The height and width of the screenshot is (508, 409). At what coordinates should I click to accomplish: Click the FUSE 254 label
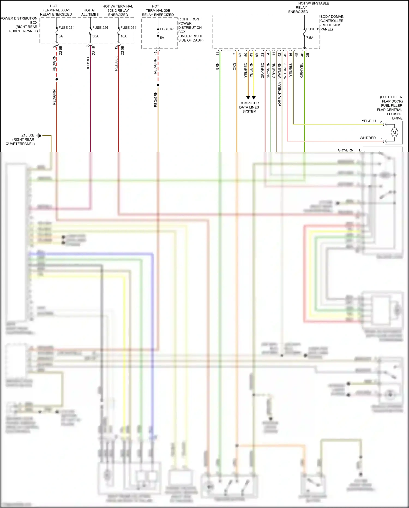[x=66, y=28]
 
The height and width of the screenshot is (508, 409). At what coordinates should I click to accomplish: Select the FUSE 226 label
[x=100, y=28]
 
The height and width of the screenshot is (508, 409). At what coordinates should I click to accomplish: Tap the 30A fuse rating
[x=95, y=36]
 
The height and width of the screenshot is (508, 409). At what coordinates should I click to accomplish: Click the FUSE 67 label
[x=167, y=29]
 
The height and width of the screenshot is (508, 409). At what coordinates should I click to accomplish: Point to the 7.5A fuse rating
[x=310, y=38]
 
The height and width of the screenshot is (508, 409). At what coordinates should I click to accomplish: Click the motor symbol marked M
[x=394, y=133]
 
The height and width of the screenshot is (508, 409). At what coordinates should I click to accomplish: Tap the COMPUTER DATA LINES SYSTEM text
[x=249, y=107]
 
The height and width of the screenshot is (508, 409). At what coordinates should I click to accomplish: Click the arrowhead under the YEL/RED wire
[x=248, y=98]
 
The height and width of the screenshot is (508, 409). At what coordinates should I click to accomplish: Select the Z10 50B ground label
[x=28, y=135]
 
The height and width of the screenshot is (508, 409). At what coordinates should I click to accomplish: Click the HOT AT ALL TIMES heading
[x=90, y=12]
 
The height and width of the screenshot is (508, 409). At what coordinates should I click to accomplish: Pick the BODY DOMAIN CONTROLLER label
[x=332, y=19]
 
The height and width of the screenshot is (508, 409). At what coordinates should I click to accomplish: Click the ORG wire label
[x=234, y=67]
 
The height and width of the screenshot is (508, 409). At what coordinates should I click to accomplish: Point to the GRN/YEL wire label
[x=302, y=70]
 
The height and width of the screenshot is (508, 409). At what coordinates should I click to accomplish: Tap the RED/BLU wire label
[x=88, y=63]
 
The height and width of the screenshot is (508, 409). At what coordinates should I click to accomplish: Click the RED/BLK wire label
[x=116, y=64]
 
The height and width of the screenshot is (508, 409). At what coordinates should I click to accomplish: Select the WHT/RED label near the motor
[x=367, y=138]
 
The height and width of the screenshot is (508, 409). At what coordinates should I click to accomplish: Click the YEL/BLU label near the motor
[x=368, y=121]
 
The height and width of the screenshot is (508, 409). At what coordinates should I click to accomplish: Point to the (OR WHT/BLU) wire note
[x=279, y=94]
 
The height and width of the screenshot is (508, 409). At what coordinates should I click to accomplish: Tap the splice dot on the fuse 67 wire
[x=158, y=85]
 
